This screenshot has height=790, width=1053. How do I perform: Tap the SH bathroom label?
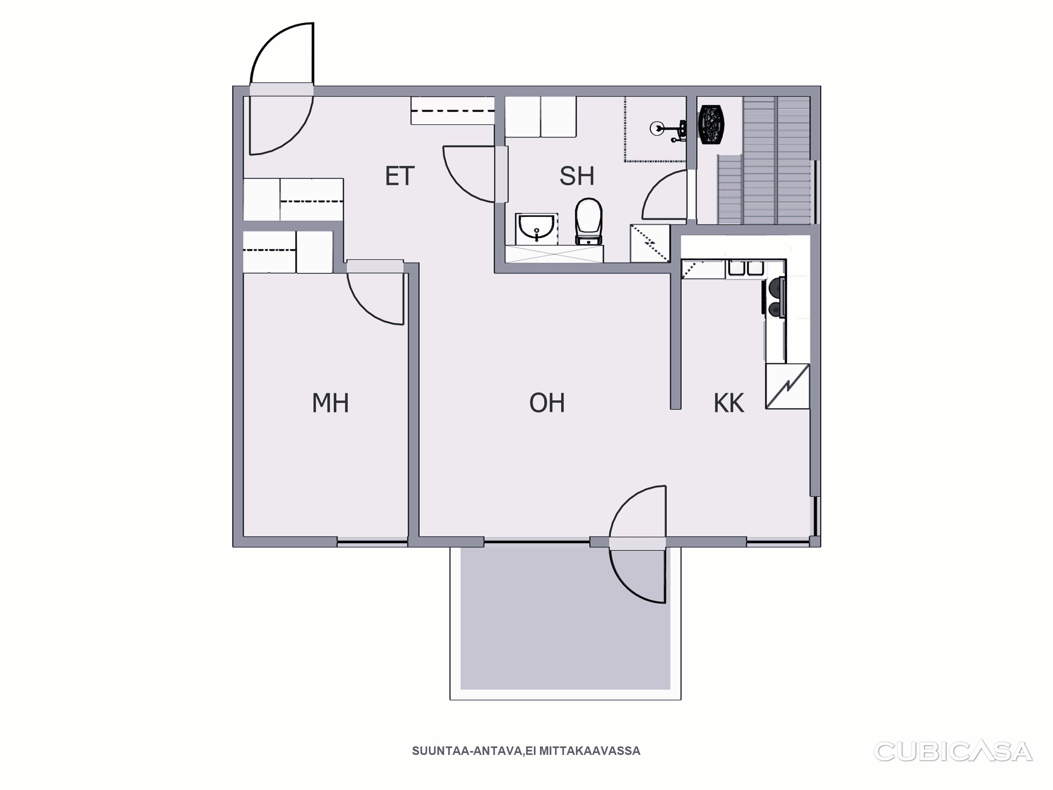tap(577, 176)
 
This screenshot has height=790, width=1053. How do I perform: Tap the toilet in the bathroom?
tap(589, 221)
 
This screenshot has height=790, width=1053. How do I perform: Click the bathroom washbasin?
tap(536, 229)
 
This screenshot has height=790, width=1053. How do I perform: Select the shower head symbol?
tap(668, 129)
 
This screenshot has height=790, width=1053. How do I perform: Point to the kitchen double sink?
tap(746, 268)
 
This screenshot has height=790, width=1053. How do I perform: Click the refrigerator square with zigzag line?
tap(787, 386)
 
